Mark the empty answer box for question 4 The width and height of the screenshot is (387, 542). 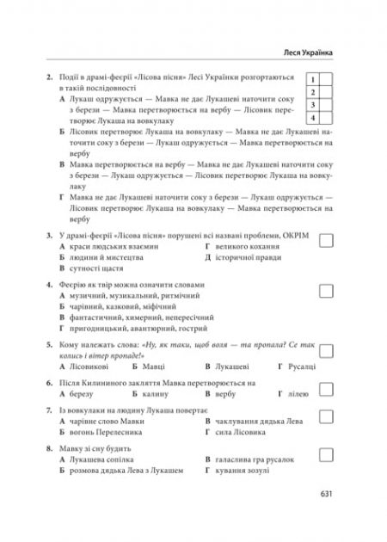(326, 290)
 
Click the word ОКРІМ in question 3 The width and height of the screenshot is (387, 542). (295, 233)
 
